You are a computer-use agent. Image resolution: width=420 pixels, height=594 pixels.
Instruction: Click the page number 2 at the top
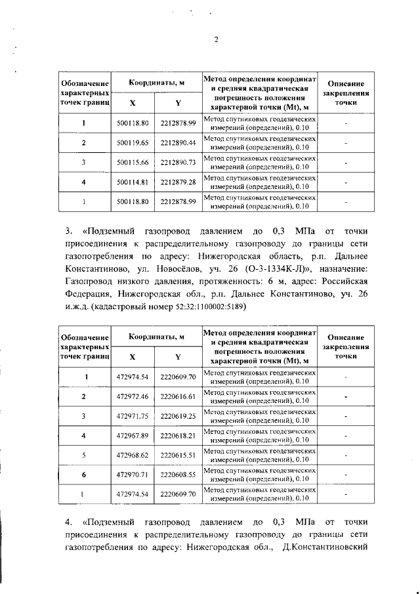point(216,39)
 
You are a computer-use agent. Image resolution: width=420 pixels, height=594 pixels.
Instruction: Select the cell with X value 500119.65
point(133,142)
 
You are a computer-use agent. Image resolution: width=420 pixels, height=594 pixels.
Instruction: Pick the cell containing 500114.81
point(133,181)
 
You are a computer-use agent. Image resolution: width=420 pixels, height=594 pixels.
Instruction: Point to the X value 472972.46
point(133,396)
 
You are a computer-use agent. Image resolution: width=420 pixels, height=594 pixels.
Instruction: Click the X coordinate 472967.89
point(133,435)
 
